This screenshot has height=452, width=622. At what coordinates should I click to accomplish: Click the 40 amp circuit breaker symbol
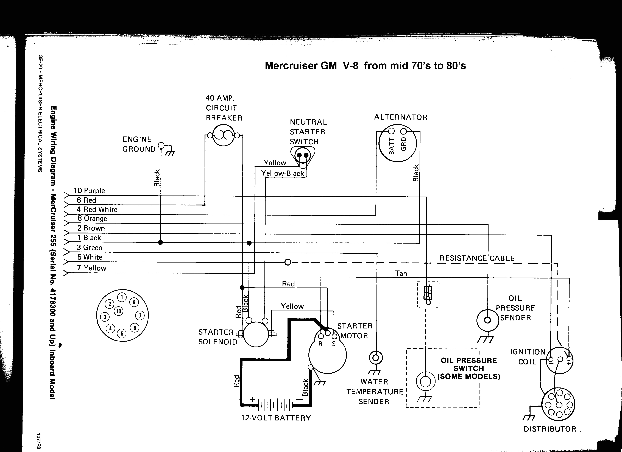(x=224, y=135)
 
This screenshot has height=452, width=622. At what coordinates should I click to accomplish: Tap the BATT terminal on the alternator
(x=391, y=131)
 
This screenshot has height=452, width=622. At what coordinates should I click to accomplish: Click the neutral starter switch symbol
(x=303, y=156)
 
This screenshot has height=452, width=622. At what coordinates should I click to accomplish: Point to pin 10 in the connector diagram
(x=118, y=311)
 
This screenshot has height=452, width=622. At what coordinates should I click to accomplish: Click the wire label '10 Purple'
(x=89, y=191)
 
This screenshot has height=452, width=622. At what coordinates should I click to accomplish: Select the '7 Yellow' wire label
(x=92, y=268)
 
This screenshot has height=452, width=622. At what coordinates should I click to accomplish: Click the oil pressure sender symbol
(x=487, y=320)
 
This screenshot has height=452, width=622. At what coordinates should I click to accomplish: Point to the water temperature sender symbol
(x=376, y=358)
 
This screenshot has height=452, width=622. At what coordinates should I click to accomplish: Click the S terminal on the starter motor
(x=334, y=337)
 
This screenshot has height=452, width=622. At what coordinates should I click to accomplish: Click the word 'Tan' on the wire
(x=401, y=274)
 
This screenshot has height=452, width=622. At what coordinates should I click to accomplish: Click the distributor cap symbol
(x=558, y=404)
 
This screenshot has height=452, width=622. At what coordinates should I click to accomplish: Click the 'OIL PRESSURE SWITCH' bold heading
(x=468, y=364)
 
